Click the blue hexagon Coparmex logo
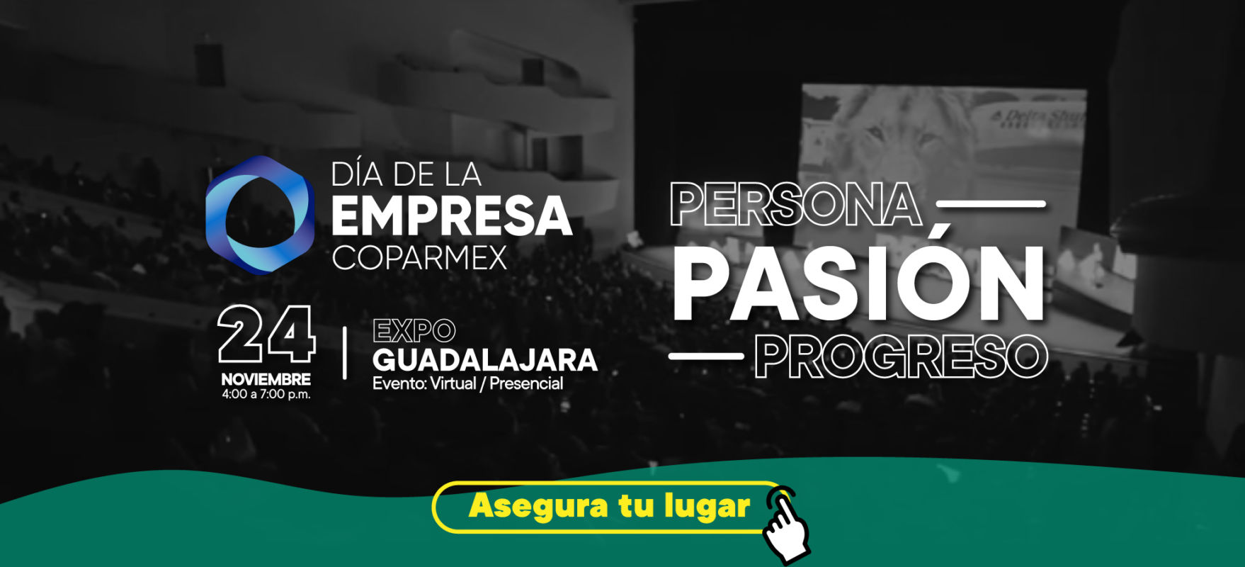pyautogui.click(x=260, y=215)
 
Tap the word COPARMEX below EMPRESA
pyautogui.click(x=419, y=258)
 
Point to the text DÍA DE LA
pyautogui.click(x=407, y=174)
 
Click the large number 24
pyautogui.click(x=266, y=335)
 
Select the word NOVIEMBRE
pyautogui.click(x=266, y=379)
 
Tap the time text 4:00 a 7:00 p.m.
pyautogui.click(x=266, y=395)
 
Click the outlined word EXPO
pyautogui.click(x=414, y=331)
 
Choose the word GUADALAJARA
pyautogui.click(x=485, y=360)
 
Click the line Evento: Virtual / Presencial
pyautogui.click(x=468, y=384)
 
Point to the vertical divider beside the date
pyautogui.click(x=345, y=353)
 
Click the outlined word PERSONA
pyautogui.click(x=796, y=204)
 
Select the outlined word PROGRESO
pyautogui.click(x=901, y=357)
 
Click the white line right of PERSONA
pyautogui.click(x=991, y=204)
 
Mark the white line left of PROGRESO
pyautogui.click(x=706, y=356)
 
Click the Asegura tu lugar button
pyautogui.click(x=609, y=507)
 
